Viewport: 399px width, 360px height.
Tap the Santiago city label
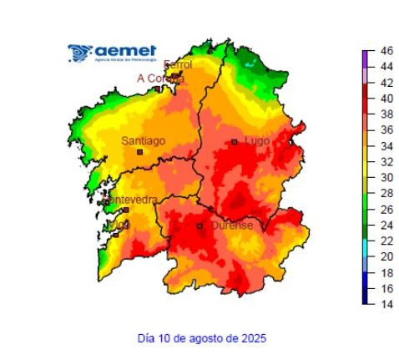[x=144, y=141]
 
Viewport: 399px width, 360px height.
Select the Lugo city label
[x=256, y=141]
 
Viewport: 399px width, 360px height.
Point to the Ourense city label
[x=230, y=226]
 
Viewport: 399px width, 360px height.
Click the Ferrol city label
[x=178, y=65]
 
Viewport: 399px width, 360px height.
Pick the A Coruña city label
[x=159, y=79]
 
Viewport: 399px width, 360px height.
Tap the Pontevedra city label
[x=133, y=200]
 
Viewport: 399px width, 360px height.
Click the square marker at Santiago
[x=140, y=152]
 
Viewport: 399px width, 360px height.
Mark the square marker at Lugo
[x=235, y=142]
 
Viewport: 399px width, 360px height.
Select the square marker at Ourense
[x=199, y=226]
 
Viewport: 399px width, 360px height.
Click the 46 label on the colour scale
[x=386, y=52]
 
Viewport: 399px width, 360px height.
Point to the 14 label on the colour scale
[x=386, y=304]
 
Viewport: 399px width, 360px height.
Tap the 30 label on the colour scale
[x=386, y=178]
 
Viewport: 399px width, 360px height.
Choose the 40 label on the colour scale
[x=386, y=99]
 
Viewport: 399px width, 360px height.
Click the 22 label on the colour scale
[x=386, y=241]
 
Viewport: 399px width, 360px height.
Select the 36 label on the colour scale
[x=386, y=130]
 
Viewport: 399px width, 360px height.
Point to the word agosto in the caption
[x=209, y=338]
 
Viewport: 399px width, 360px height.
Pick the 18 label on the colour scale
[x=386, y=272]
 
